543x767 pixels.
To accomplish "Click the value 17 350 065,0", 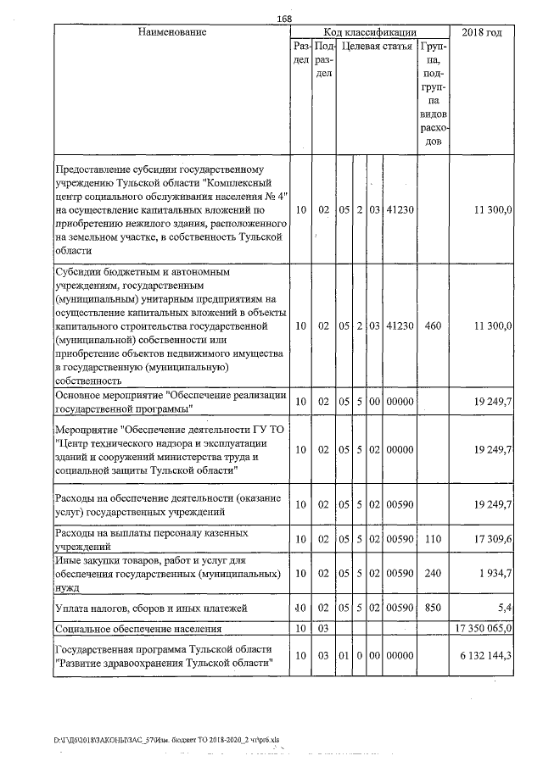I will tap(483, 630).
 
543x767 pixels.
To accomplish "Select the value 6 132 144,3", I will tap(484, 656).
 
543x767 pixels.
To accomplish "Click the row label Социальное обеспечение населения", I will tap(137, 630).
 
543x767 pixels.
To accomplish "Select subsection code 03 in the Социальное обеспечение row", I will tap(323, 630).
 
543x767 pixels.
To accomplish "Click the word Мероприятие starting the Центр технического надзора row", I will tap(86, 430).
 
